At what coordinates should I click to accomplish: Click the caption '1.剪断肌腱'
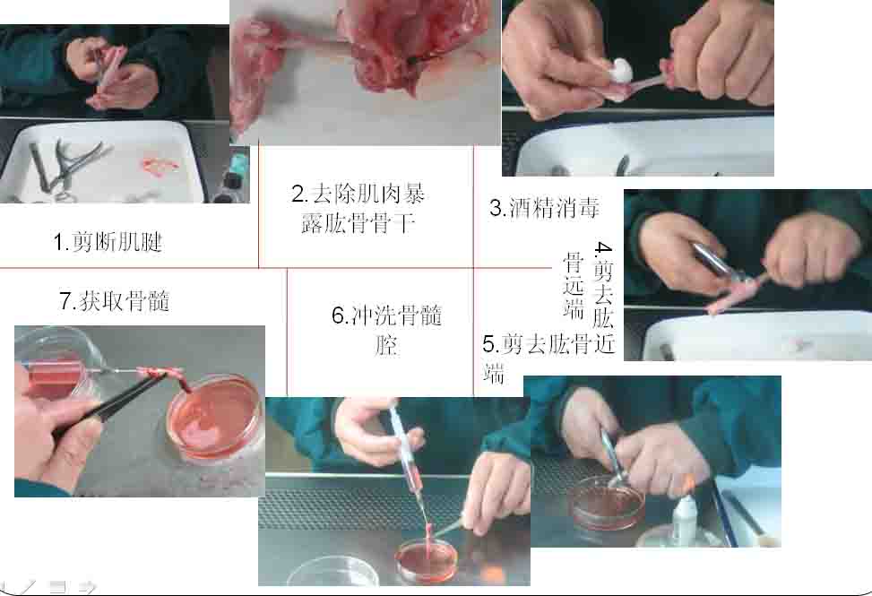108,242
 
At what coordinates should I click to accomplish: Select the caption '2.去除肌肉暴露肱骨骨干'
358,209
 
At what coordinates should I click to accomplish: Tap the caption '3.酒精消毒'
545,208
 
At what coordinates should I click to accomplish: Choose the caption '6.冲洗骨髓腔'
387,330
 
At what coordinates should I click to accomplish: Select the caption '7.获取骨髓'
115,301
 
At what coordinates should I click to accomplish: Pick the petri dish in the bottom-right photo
609,504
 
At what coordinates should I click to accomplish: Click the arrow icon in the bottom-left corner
86,585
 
